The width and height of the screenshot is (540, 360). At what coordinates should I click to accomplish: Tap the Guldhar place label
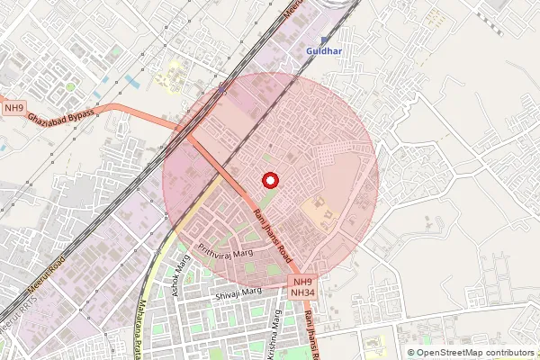(x=321, y=52)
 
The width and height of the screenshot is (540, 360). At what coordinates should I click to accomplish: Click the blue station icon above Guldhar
(x=324, y=40)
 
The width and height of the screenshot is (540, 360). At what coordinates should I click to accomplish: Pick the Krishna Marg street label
(x=280, y=335)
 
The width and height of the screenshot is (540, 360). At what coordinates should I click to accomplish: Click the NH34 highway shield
(x=304, y=292)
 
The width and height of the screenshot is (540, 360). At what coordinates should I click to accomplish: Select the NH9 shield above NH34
(x=304, y=282)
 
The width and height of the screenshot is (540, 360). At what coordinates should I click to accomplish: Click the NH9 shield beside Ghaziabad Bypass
(x=13, y=109)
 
